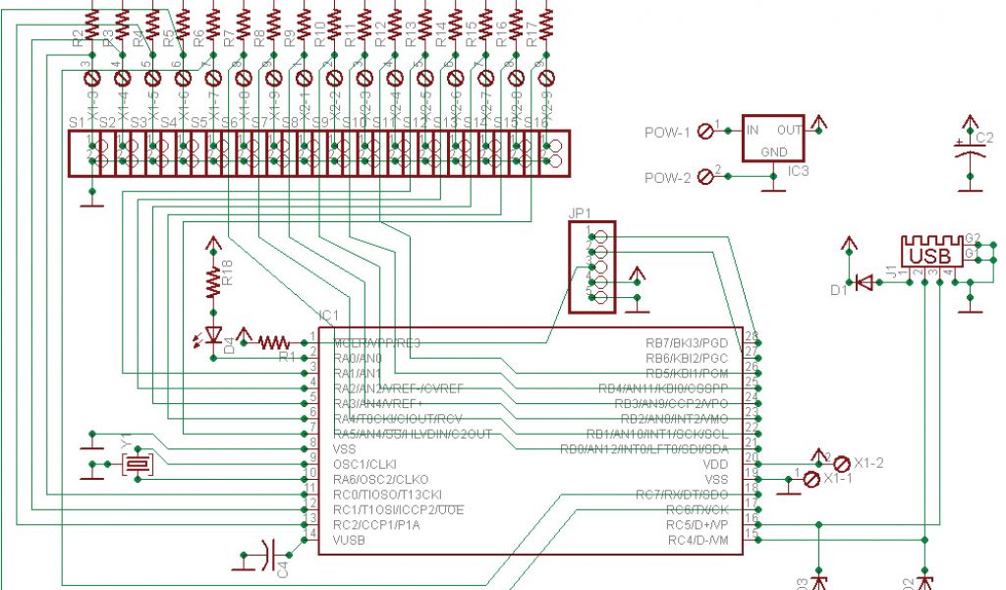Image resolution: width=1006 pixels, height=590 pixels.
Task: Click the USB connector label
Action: pos(929,256)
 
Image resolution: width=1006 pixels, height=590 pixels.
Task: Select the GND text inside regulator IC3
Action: pos(774,152)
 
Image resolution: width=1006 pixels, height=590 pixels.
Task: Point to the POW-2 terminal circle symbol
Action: pos(703,178)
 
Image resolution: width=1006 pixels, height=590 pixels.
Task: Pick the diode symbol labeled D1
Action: pos(865,282)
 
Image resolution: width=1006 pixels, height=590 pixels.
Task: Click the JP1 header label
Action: pos(580,212)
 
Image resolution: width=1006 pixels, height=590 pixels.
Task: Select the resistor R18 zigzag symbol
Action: pos(213,281)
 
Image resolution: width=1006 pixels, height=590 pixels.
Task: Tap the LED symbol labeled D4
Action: pos(211,335)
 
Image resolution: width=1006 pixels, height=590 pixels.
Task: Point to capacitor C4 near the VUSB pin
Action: pos(271,556)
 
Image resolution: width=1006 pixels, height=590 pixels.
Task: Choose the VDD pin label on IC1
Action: pos(714,464)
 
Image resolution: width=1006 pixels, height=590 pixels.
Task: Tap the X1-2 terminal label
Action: pos(869,462)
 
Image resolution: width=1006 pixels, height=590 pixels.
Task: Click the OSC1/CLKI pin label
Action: pos(363,464)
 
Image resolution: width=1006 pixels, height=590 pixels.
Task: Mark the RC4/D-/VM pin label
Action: pos(698,540)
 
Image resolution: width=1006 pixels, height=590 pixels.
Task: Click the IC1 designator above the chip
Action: pos(328,316)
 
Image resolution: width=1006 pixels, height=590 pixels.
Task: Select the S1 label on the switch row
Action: pos(76,121)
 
